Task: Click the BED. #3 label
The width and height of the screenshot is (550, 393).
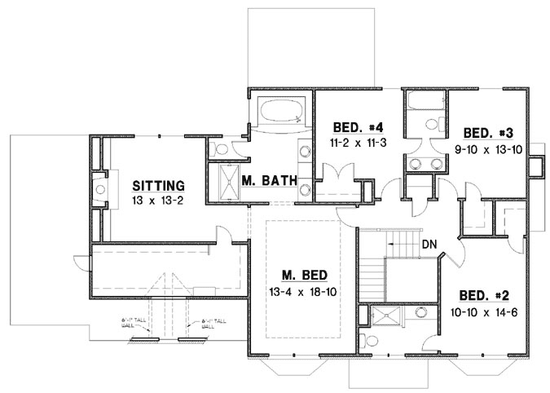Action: point(487,132)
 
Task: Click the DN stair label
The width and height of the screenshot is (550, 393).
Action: point(429,244)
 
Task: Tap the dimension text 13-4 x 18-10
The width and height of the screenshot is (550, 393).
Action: point(300,291)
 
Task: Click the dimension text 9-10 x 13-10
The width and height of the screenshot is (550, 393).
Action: point(487,148)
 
